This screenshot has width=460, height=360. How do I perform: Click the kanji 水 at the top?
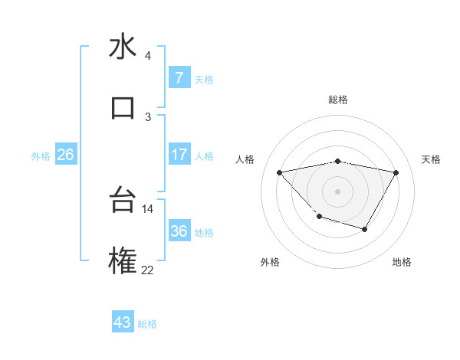coord(123,47)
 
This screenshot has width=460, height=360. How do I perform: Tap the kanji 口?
coord(123,107)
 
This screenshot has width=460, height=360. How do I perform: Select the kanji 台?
coord(123,201)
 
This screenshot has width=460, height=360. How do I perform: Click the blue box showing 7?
coord(179,77)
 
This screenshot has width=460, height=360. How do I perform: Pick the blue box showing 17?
coord(179,155)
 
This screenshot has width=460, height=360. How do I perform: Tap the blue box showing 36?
coord(179,231)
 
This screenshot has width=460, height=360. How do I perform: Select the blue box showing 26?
coord(65,155)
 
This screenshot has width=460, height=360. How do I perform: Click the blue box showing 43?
coord(123,322)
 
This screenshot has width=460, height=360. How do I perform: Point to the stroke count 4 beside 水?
coord(148,56)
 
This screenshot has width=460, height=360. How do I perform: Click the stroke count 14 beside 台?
coord(147,208)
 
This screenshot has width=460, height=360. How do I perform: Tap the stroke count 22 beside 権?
coord(147,270)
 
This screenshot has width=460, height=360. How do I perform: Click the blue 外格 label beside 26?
coord(41,155)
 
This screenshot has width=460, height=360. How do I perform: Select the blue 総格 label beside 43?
coord(147,323)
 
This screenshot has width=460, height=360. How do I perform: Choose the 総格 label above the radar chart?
coord(337,100)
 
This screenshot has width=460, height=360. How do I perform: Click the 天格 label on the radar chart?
coord(431,159)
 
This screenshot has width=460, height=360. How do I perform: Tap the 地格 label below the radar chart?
coord(402,262)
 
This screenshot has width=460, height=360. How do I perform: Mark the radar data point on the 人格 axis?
coord(279,172)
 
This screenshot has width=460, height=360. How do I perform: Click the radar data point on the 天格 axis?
coord(396,172)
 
